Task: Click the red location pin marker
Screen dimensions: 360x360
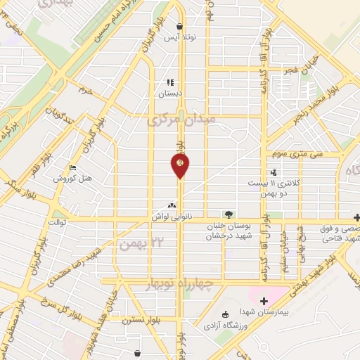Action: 180,165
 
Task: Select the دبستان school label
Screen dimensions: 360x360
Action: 170,92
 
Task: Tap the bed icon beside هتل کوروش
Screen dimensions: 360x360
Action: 72,168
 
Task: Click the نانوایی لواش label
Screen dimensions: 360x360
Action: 172,219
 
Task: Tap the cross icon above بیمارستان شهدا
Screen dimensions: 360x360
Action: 264,302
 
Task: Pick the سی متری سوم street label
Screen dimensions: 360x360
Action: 281,154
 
